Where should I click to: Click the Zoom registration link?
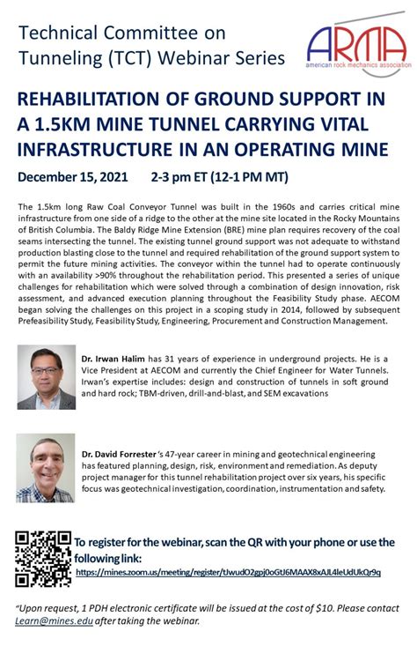[x=229, y=572]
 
